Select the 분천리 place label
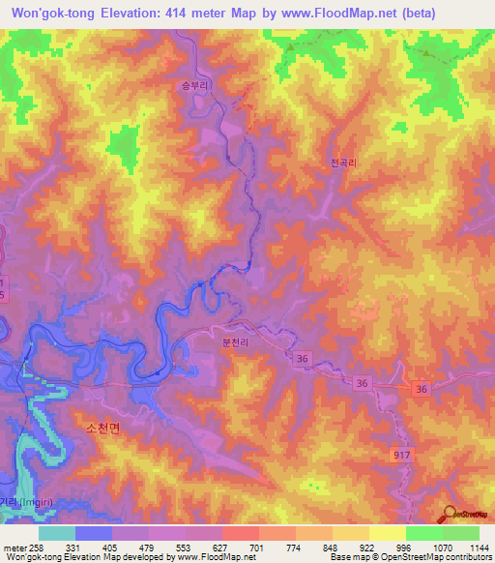click(237, 341)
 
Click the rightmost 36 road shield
click(421, 389)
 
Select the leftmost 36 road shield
click(305, 358)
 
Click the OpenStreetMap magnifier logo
click(449, 515)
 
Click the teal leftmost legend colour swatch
click(56, 532)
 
